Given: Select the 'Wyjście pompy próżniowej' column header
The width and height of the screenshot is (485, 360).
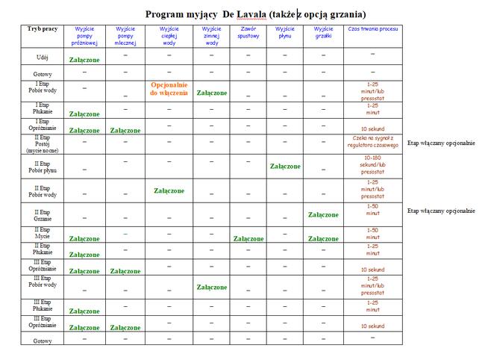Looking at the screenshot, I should tap(84, 35).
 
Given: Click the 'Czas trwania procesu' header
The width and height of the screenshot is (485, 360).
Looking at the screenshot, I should tap(372, 28).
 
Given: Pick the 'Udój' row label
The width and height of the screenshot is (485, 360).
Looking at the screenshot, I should tap(43, 57).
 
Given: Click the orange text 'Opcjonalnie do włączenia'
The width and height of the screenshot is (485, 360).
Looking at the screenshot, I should tap(169, 89).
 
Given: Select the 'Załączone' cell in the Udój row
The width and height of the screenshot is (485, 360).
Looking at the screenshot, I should tap(84, 59).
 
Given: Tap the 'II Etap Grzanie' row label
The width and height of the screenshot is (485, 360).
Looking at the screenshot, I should tap(43, 215).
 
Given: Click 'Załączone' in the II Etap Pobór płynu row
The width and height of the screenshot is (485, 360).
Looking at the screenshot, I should tap(285, 167).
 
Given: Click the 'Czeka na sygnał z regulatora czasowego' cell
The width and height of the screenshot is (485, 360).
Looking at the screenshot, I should tap(372, 142).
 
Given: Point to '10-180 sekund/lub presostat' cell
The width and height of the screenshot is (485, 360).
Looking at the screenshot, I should tap(372, 167).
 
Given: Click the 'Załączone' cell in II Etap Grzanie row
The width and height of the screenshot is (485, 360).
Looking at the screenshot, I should tap(322, 215).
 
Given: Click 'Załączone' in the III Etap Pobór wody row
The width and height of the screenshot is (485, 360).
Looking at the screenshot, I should tap(211, 288).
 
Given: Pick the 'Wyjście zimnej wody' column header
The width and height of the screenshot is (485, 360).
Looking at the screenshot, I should tap(211, 35).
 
